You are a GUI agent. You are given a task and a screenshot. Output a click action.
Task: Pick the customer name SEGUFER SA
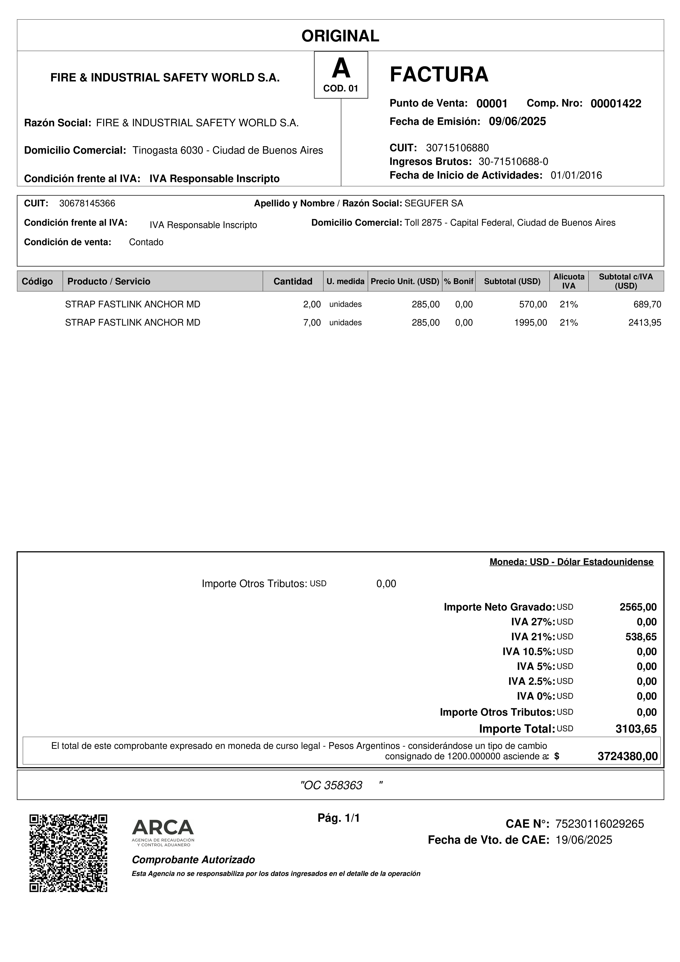(434, 204)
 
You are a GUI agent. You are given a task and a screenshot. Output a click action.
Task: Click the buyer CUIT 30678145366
(87, 204)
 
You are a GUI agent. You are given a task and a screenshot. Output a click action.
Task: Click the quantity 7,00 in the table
(312, 323)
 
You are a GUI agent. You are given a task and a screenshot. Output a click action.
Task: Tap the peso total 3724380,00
(627, 756)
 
